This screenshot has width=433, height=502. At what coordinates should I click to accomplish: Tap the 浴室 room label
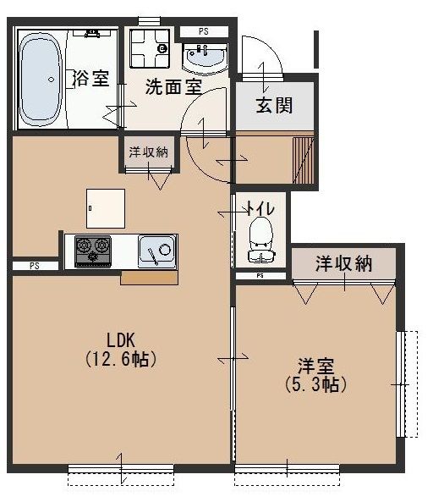point(91,79)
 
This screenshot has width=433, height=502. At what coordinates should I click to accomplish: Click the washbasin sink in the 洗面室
point(204,58)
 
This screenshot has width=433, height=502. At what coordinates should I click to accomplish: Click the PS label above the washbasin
point(203,31)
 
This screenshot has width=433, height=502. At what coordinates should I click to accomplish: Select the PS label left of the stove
point(35,266)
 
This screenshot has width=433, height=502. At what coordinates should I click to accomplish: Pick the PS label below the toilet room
point(260,276)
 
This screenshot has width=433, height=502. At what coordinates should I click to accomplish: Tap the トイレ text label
point(261,205)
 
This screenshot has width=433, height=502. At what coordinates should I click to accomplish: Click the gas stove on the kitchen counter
point(92,251)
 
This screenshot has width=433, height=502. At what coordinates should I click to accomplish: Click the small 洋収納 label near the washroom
point(148,152)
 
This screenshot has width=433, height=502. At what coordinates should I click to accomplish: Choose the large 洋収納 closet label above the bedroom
point(343,263)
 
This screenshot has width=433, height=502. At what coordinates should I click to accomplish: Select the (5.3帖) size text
point(315,383)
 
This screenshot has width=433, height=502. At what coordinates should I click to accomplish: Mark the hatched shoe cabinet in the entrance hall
point(302,158)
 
